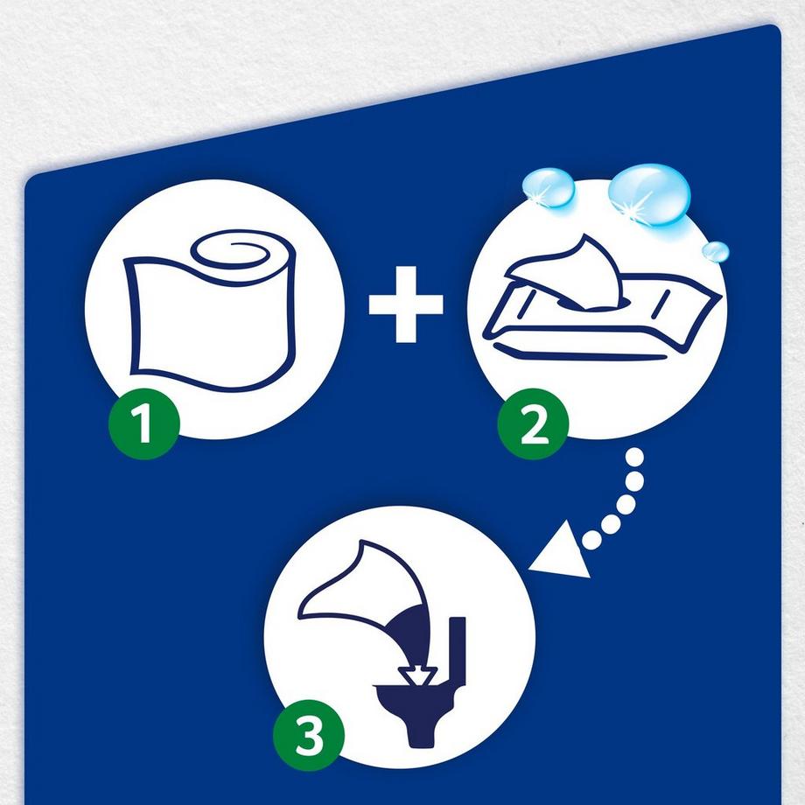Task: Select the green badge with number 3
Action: pyautogui.click(x=309, y=735)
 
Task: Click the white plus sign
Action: pyautogui.click(x=406, y=304)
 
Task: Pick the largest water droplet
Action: pyautogui.click(x=649, y=194)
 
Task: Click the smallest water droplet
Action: pyautogui.click(x=715, y=252)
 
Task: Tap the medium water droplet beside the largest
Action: pyautogui.click(x=549, y=187)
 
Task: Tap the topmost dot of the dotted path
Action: pyautogui.click(x=635, y=456)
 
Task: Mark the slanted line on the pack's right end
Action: pyautogui.click(x=661, y=304)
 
